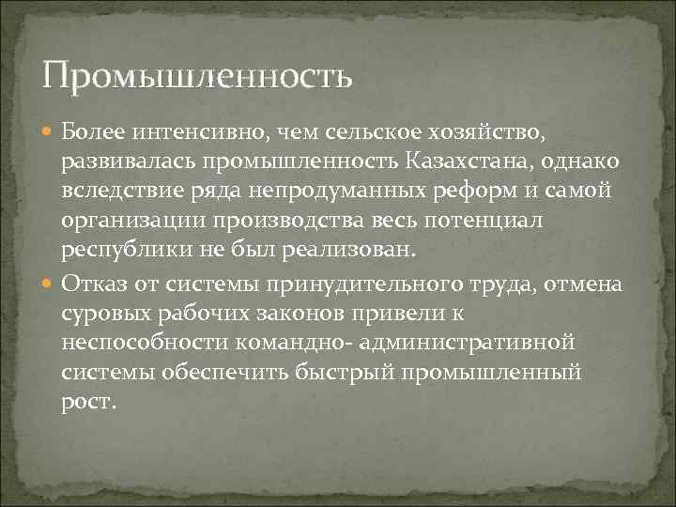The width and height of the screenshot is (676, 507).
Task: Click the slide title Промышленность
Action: (197, 74)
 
